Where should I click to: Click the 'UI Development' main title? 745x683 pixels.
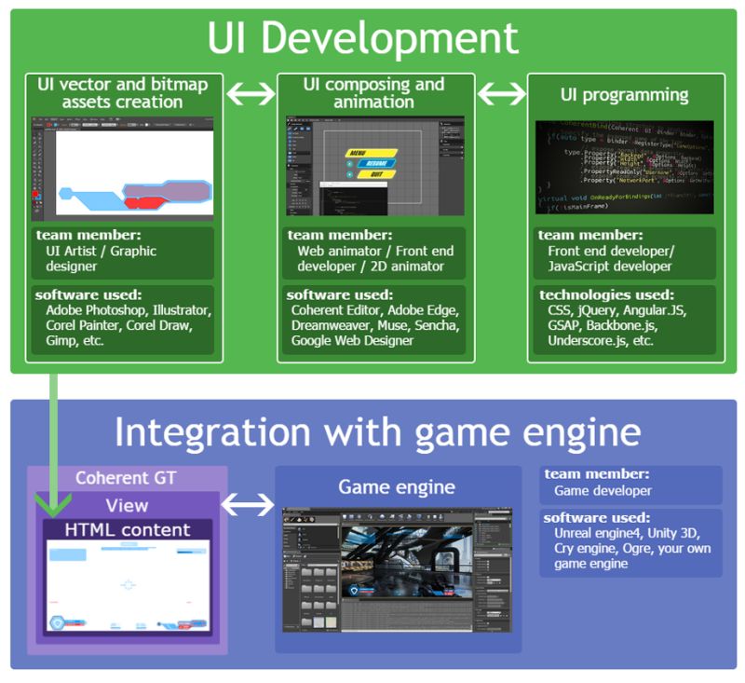click(363, 39)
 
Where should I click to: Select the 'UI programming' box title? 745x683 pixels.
click(625, 94)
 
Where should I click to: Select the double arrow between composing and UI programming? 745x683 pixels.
click(501, 94)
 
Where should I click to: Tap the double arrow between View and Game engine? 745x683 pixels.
click(249, 505)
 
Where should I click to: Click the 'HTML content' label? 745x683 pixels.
click(127, 530)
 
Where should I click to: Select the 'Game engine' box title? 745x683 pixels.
click(397, 486)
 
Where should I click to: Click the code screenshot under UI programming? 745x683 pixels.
click(625, 168)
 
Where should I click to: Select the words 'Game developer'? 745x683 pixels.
click(603, 490)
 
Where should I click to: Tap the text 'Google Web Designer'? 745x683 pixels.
click(352, 340)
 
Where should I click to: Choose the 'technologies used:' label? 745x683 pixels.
click(596, 294)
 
